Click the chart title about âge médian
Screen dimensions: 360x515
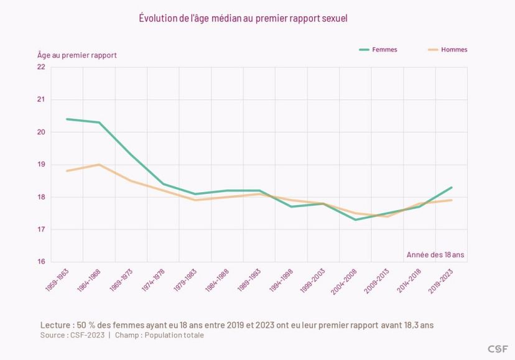tap(243, 18)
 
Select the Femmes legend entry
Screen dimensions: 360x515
tap(384, 50)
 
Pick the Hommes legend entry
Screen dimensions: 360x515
tap(454, 50)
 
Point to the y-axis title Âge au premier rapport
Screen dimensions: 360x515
tap(77, 55)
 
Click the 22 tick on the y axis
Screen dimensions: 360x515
tap(41, 67)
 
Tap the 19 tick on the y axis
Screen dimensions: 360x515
tap(41, 165)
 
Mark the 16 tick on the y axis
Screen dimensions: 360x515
tap(41, 262)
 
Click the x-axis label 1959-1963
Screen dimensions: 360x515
tap(57, 280)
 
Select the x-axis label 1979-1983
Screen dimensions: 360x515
tap(185, 280)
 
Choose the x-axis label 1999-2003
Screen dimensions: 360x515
tap(314, 280)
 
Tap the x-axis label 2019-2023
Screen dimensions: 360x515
tap(442, 280)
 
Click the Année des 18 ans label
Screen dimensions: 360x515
tap(435, 254)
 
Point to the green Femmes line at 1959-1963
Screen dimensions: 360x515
tap(67, 119)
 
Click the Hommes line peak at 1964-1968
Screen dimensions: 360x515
tap(99, 165)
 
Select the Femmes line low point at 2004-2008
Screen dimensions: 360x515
tap(355, 219)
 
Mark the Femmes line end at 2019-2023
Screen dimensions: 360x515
tap(452, 187)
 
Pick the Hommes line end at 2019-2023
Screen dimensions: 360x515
tap(452, 200)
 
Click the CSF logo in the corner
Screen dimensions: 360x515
tap(498, 348)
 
